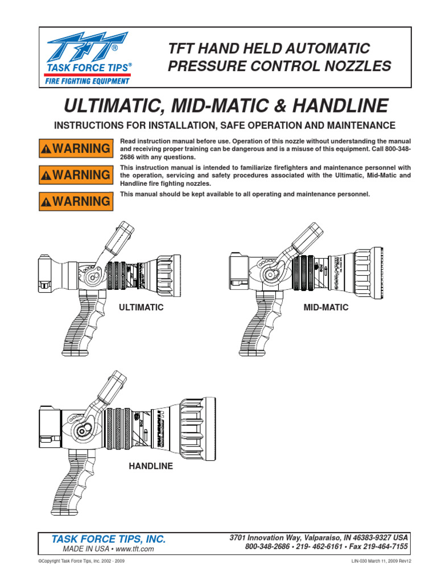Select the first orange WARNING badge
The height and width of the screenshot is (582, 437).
[x=75, y=148]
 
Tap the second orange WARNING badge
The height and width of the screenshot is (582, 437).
[x=75, y=174]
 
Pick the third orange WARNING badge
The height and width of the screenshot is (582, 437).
[x=75, y=201]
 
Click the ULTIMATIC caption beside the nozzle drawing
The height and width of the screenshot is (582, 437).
[x=141, y=307]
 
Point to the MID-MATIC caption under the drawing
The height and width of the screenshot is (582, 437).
[x=327, y=307]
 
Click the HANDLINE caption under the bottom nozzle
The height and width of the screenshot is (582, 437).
[x=151, y=467]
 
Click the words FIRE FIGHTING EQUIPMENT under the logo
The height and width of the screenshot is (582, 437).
[x=87, y=81]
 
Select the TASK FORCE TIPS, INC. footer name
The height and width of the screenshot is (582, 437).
[x=109, y=539]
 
